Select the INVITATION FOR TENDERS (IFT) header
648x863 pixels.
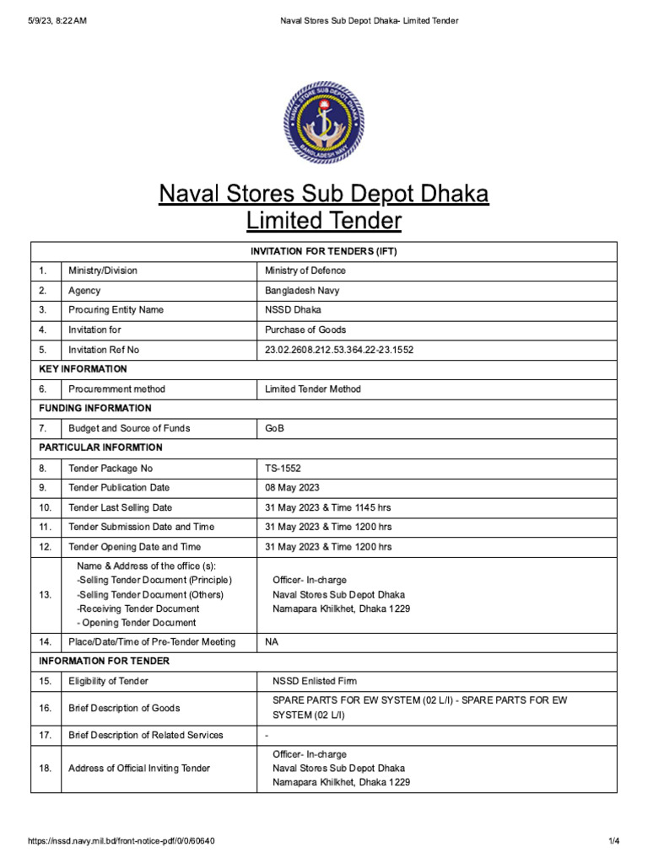coord(323,251)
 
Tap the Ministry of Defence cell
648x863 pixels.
coord(305,271)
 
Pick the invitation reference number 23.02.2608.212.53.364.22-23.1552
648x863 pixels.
coord(339,350)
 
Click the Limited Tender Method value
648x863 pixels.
coord(312,389)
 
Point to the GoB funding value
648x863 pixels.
coord(274,428)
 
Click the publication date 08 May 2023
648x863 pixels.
coord(292,488)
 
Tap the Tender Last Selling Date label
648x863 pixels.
coord(120,507)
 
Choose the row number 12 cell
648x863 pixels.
coord(46,547)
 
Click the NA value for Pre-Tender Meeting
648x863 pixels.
coord(272,642)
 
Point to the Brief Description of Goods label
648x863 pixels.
coord(124,708)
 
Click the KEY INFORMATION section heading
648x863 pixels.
coord(83,369)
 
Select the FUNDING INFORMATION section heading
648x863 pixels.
coord(94,409)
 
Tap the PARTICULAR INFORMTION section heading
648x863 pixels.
coord(100,448)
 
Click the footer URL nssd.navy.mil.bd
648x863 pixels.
coord(127,841)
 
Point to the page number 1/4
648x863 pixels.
coord(613,841)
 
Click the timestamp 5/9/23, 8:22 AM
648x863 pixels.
coord(57,21)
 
